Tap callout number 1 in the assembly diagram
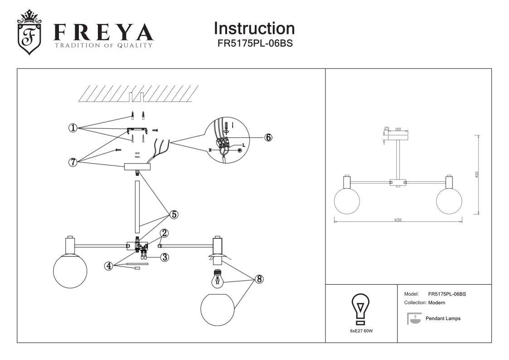tap(73, 128)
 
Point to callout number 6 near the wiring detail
tap(268, 137)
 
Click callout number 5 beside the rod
tap(174, 214)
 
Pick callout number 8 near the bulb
tap(259, 279)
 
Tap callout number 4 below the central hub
tap(108, 266)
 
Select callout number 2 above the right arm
tap(165, 233)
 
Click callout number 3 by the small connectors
tap(165, 257)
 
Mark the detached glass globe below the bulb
tap(218, 310)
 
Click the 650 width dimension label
tap(398, 220)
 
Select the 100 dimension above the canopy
tap(398, 129)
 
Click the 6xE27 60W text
tap(361, 331)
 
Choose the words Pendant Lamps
tap(443, 319)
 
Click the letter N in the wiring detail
tap(210, 150)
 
